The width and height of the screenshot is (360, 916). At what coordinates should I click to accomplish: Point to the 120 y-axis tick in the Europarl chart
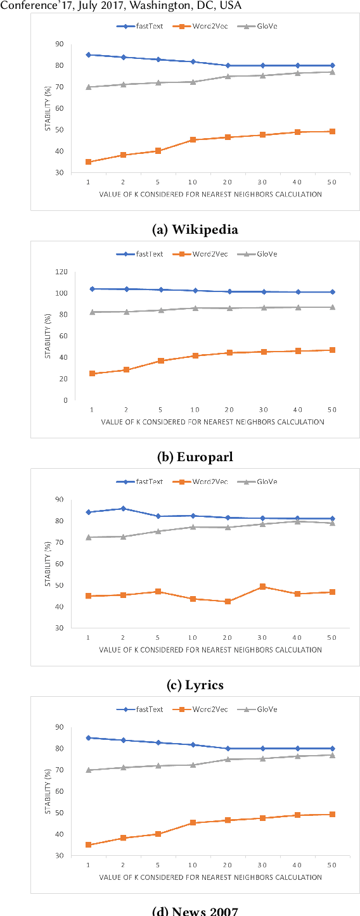[61, 272]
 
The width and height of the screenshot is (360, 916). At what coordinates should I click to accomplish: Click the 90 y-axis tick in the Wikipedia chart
[59, 44]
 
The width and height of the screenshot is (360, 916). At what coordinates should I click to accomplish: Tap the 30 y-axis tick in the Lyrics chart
[59, 628]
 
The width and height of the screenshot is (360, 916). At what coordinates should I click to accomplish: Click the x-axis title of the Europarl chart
[211, 422]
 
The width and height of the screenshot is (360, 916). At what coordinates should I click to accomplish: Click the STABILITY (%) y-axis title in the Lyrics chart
[48, 563]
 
